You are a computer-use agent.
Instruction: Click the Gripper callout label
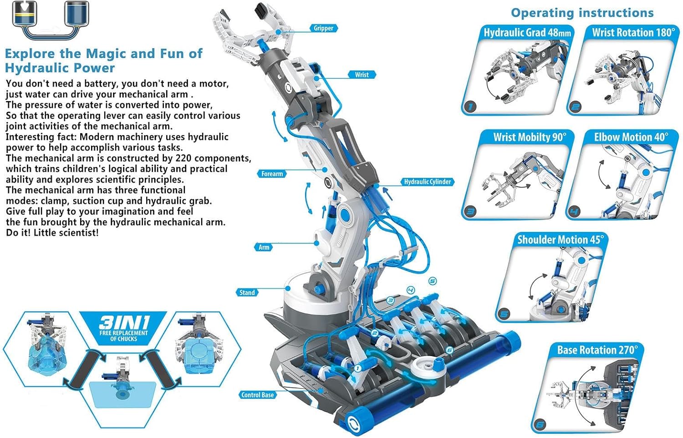click(x=323, y=28)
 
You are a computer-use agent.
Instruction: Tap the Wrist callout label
click(x=362, y=75)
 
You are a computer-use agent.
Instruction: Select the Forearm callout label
click(x=272, y=174)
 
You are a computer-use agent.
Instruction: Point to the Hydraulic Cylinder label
click(x=428, y=182)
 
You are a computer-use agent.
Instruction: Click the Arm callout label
click(x=264, y=247)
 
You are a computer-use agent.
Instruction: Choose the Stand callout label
click(x=247, y=293)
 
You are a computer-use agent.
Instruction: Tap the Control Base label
click(x=258, y=395)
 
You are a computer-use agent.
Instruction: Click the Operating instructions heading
click(x=582, y=13)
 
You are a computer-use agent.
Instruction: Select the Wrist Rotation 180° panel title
click(x=634, y=33)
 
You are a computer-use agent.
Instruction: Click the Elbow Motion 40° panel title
click(x=631, y=137)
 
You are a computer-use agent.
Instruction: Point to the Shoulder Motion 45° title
click(x=561, y=240)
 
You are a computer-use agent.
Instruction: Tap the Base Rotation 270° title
click(x=597, y=350)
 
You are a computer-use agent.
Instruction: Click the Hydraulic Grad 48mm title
click(x=527, y=33)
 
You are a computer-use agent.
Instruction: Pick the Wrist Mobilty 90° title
click(x=530, y=137)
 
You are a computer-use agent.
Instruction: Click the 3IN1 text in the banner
click(x=124, y=322)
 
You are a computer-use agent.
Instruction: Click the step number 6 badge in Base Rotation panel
click(x=540, y=424)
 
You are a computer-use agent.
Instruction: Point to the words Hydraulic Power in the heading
click(x=60, y=68)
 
